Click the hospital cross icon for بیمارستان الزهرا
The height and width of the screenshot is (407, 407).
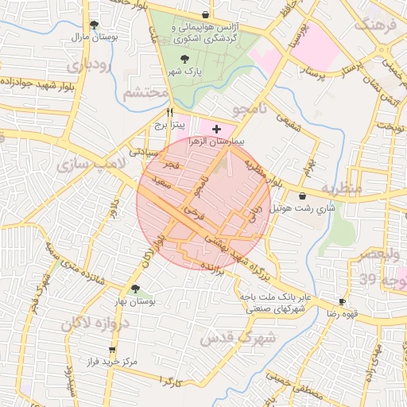coord(216,128)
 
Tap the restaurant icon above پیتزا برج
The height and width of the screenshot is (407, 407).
coord(169,113)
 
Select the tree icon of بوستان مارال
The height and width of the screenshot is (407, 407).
coord(95,25)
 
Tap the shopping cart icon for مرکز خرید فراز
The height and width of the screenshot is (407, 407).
coord(112,349)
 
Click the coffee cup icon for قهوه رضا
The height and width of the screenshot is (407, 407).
coord(342,301)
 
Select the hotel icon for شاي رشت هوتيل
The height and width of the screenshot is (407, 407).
coord(302,196)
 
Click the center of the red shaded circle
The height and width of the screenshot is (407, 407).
coord(203,203)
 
